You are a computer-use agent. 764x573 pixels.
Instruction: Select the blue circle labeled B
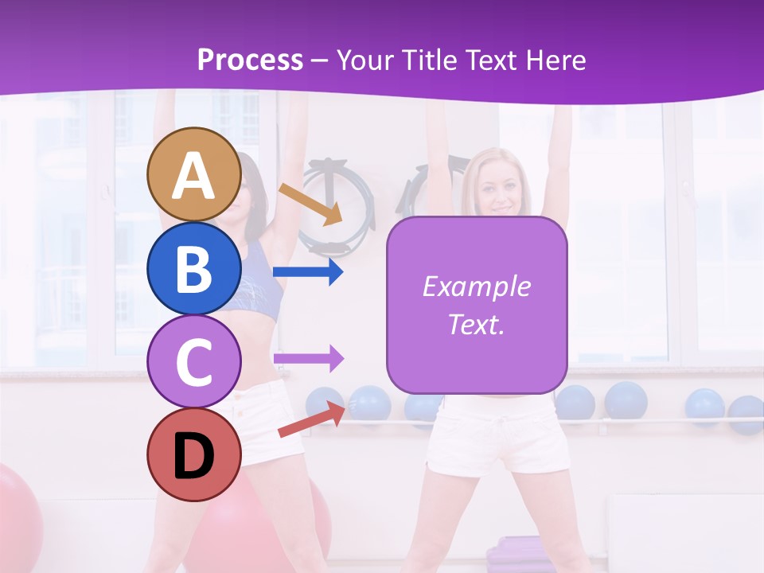click(193, 268)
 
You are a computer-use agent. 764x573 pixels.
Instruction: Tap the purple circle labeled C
click(193, 361)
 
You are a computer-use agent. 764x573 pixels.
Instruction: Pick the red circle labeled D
click(193, 455)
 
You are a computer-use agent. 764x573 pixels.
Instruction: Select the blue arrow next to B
click(308, 272)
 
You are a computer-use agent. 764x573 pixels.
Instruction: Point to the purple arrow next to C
click(308, 358)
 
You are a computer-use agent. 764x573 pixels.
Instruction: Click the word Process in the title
click(250, 60)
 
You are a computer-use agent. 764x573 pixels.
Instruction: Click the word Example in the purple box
click(476, 286)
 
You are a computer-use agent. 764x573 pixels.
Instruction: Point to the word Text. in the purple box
click(476, 324)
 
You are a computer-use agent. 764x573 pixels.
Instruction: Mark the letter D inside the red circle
click(193, 458)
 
